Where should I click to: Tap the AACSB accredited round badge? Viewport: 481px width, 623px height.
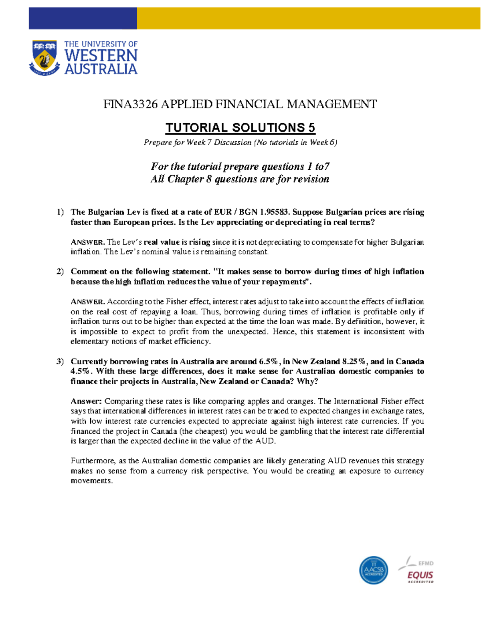[x=373, y=570]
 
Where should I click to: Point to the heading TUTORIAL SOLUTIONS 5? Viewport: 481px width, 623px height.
[x=240, y=128]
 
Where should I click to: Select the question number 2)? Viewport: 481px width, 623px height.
[x=60, y=272]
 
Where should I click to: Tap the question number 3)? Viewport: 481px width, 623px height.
[x=60, y=361]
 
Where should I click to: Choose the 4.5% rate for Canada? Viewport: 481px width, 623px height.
[x=80, y=371]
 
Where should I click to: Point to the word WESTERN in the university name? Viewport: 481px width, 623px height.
[x=101, y=56]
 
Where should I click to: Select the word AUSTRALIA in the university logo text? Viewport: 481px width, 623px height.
[x=101, y=69]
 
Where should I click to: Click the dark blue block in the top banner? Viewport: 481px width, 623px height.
[x=83, y=18]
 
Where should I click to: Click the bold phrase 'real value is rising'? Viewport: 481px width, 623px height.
[x=177, y=242]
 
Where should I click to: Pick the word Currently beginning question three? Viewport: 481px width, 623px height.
[x=89, y=361]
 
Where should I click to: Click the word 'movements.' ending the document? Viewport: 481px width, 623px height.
[x=92, y=481]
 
